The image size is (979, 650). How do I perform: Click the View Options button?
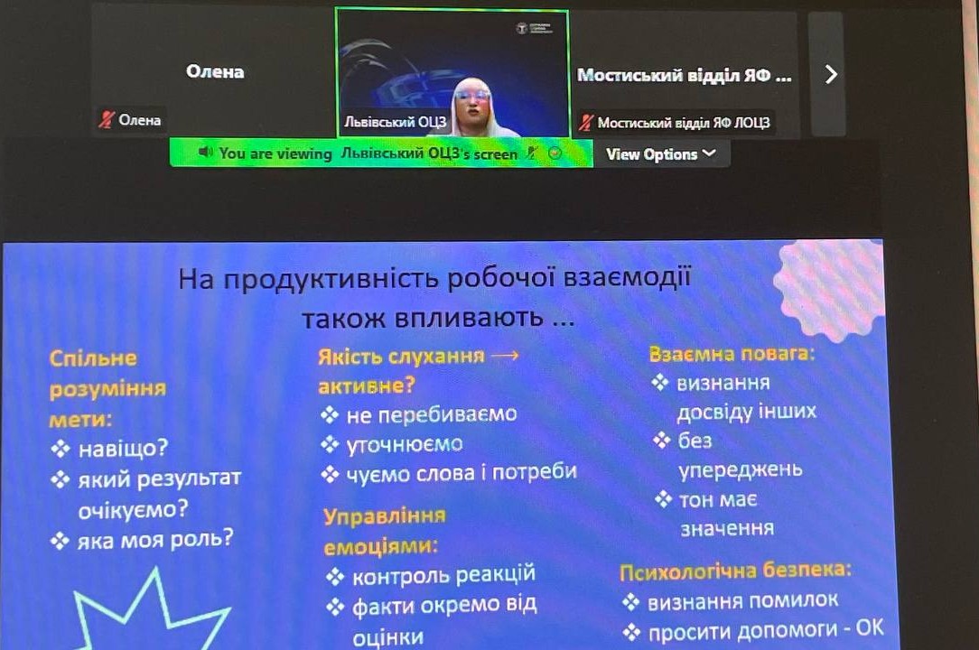tap(660, 154)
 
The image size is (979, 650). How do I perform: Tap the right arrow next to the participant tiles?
tap(831, 74)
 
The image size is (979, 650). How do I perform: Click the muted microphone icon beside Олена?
tap(107, 119)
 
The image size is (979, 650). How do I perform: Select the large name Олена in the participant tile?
tap(215, 72)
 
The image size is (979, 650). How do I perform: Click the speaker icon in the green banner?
tap(205, 152)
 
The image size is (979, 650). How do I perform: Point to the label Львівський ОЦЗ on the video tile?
tap(396, 122)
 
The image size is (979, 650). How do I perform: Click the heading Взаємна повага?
tap(732, 354)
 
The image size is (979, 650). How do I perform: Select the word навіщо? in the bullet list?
tap(123, 449)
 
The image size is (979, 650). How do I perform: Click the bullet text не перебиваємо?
tap(432, 414)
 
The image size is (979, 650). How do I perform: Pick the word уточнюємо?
tap(405, 444)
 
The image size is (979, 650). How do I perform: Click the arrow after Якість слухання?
tap(505, 356)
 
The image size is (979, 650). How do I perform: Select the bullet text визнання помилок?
tap(742, 601)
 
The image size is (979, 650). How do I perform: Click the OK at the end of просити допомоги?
tap(870, 628)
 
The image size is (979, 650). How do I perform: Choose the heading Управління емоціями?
tap(384, 532)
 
